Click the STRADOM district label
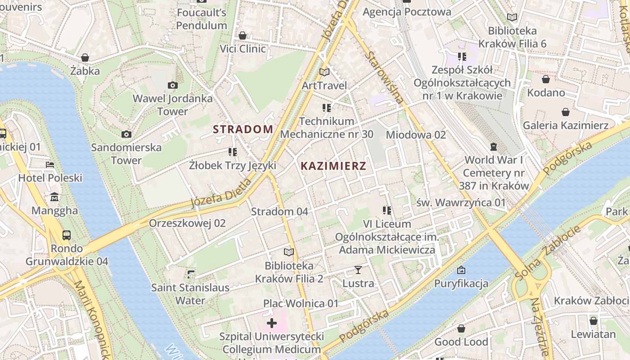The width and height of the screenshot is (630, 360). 243,130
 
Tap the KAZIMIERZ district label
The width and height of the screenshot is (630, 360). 333,166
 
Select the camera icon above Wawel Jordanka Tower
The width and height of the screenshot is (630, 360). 172,85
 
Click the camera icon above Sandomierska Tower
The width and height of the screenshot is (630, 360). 126,134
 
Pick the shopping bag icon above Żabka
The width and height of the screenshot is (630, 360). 85,58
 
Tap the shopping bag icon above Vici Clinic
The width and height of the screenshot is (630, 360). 243,35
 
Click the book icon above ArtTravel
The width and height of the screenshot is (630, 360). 324,72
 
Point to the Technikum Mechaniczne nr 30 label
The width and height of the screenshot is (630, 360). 327,128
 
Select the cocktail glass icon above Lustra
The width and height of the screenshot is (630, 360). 358,270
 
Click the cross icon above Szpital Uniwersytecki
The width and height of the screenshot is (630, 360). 271,323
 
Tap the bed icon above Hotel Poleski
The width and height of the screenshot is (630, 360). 50,165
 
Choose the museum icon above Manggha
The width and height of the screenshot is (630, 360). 54,197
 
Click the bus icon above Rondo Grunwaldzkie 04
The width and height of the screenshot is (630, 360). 67,235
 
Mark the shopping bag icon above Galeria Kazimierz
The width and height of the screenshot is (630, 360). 565,112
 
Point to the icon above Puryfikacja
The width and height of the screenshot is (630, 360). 461,270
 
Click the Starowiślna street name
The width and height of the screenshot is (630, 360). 384,77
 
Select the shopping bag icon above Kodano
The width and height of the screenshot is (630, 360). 546,79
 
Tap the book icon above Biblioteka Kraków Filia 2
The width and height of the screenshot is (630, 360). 289,252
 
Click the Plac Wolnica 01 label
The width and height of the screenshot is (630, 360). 301,303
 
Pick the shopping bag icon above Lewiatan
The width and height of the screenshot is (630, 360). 593,321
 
